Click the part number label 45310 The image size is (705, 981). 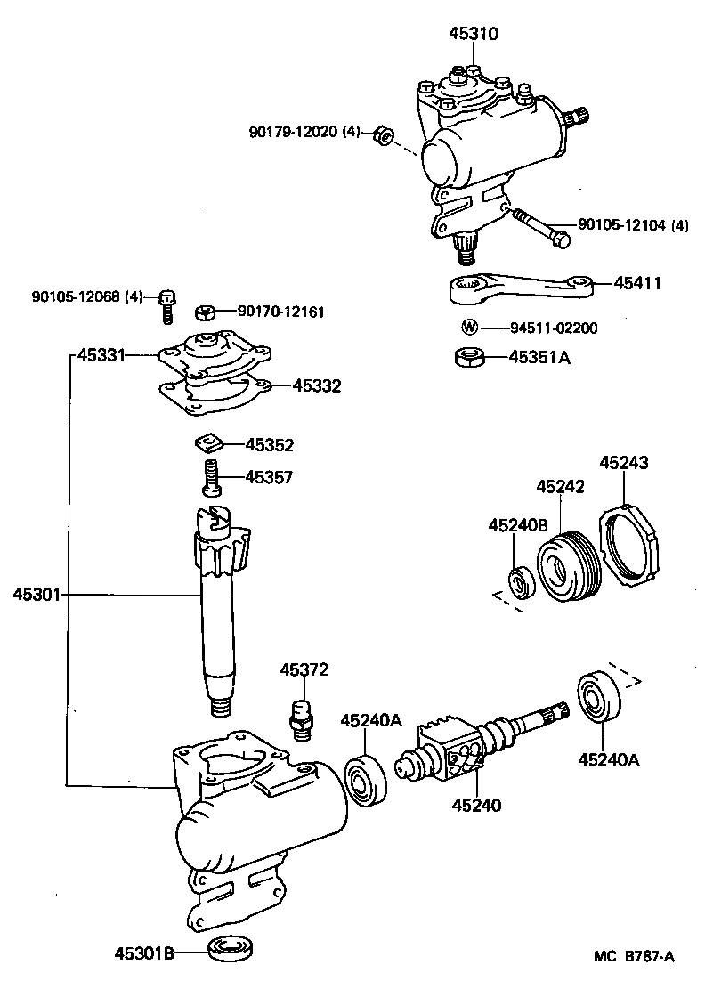[x=474, y=34]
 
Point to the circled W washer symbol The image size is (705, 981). [x=467, y=328]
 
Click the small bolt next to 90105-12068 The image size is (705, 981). [x=166, y=305]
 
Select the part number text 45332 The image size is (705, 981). [x=317, y=386]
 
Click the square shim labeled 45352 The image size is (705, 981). [x=207, y=442]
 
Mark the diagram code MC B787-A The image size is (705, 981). [x=635, y=958]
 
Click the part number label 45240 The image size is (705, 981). [x=476, y=805]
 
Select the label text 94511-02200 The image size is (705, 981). [x=541, y=328]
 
